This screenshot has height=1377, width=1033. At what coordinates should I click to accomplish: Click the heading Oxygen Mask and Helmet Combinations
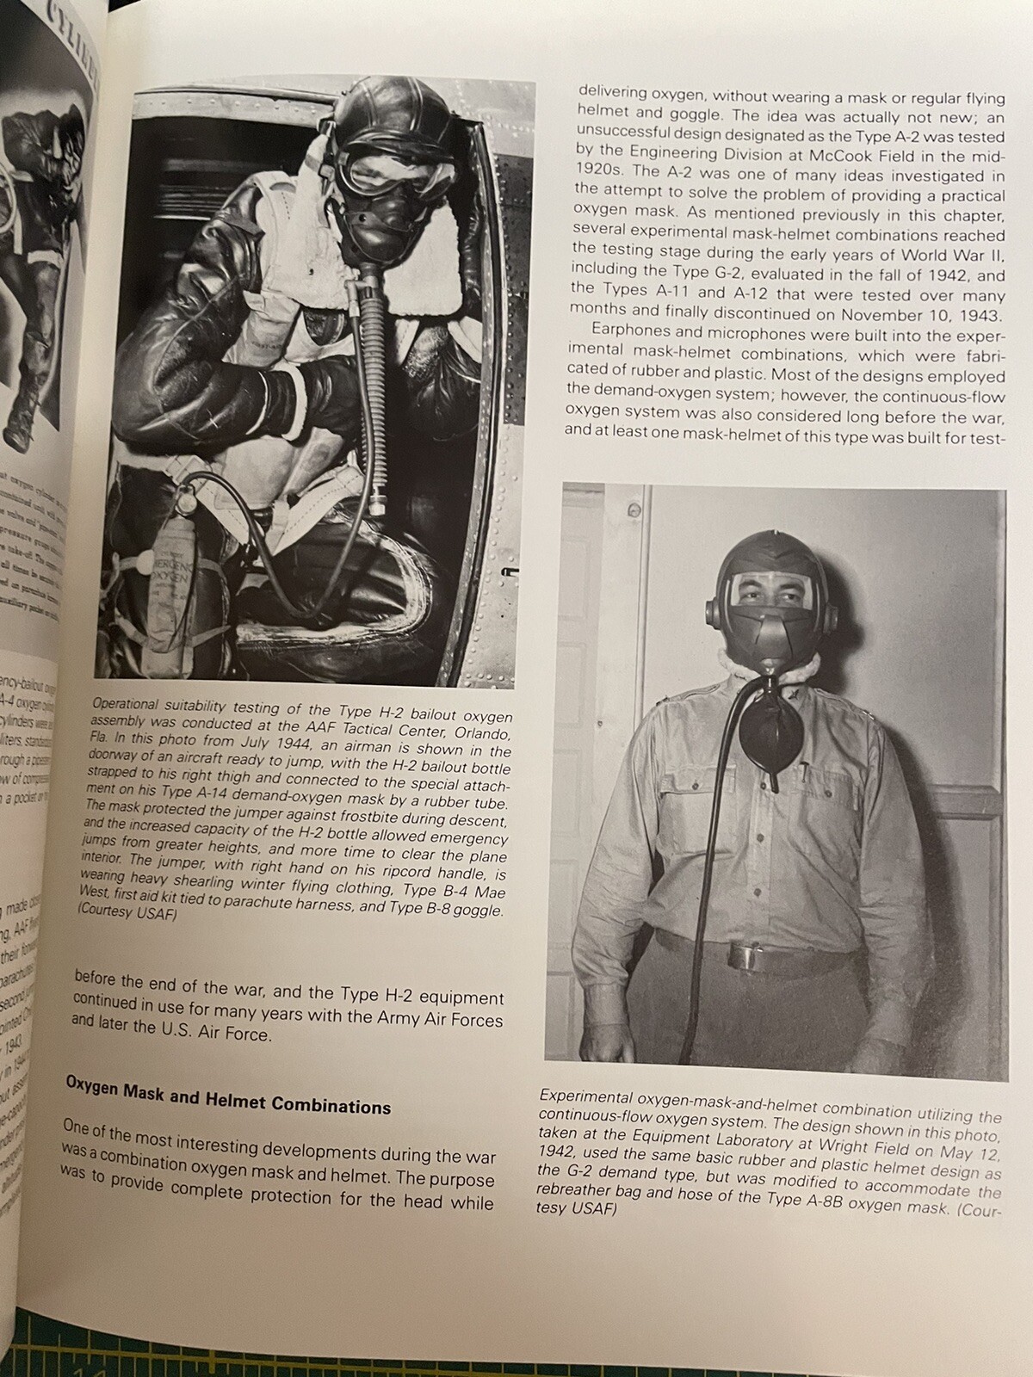click(x=228, y=1103)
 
